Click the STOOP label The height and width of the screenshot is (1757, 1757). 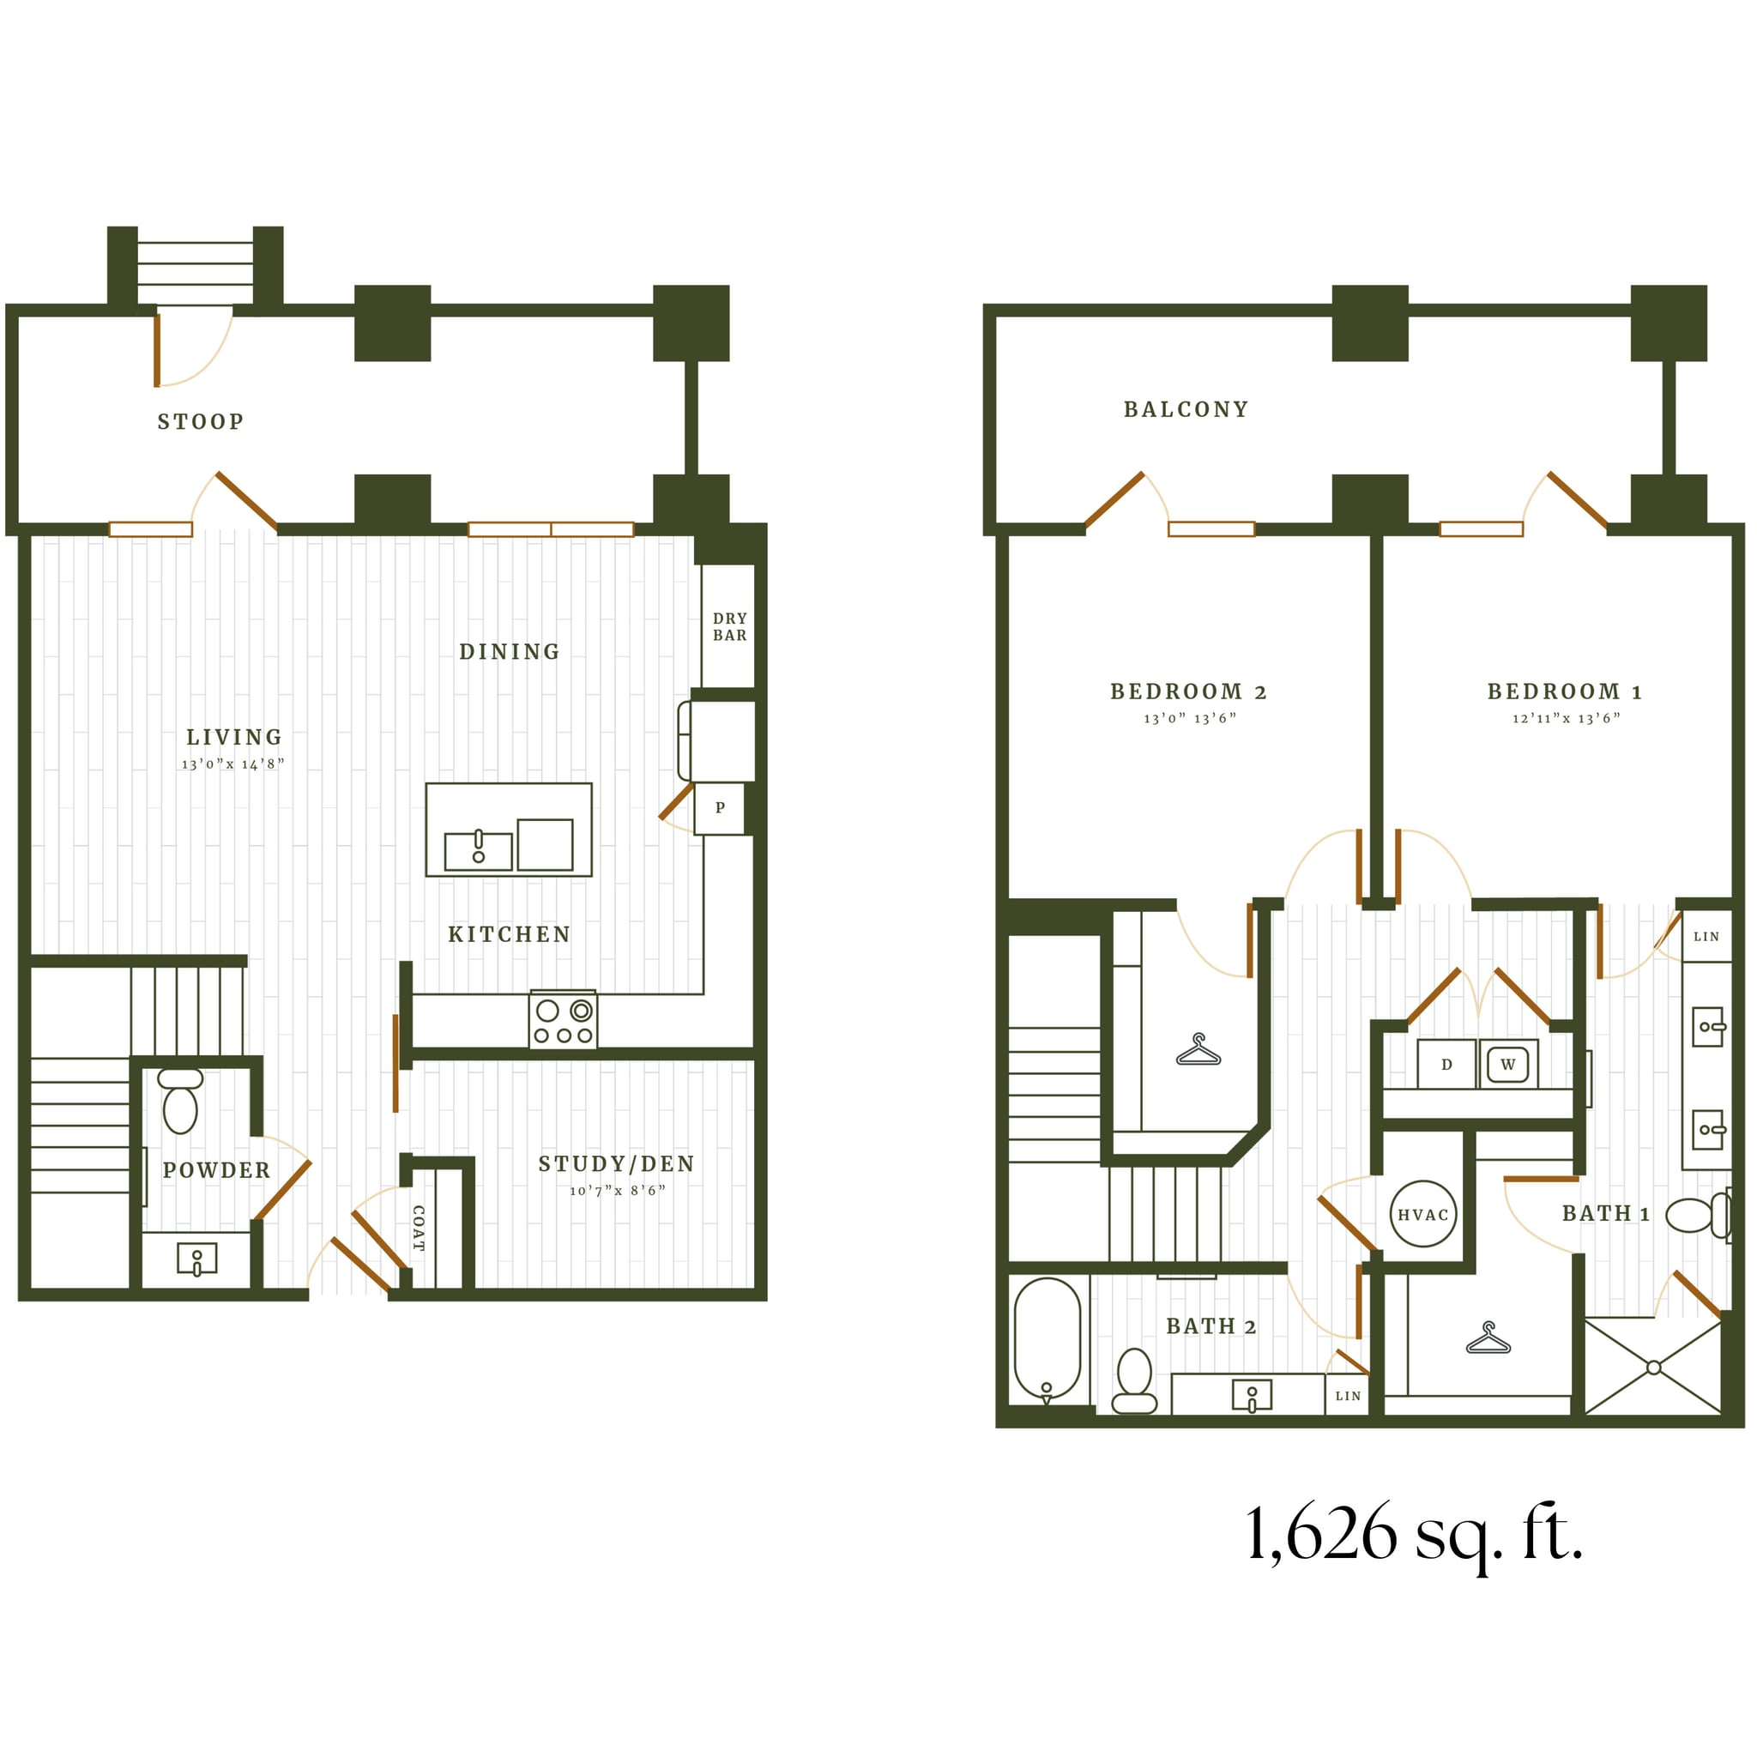tap(200, 422)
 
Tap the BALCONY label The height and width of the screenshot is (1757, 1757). tap(1186, 410)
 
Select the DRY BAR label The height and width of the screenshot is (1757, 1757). tap(729, 626)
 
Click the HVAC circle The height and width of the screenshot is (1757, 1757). tap(1423, 1215)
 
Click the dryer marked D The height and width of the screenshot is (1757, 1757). tap(1446, 1065)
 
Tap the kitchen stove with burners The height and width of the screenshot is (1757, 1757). tap(564, 1021)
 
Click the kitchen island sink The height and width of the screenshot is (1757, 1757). tap(479, 850)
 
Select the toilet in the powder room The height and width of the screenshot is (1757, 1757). tap(180, 1102)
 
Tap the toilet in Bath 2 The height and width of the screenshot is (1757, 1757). tap(1134, 1381)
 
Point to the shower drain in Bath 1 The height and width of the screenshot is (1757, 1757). tap(1653, 1368)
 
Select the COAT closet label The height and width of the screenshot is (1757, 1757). tap(419, 1229)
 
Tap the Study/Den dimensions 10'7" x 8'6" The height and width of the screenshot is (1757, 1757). tap(618, 1192)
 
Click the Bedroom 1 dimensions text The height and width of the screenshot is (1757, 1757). tap(1566, 718)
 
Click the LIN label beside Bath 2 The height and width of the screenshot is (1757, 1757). tap(1348, 1396)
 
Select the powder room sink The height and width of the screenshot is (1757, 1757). tap(196, 1259)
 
